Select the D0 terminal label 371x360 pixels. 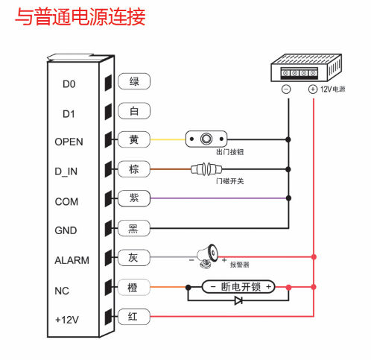pos(69,84)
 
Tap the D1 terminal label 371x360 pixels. pos(69,114)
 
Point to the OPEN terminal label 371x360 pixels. pos(69,142)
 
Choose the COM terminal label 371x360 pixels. pos(66,201)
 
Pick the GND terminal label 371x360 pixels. pos(66,230)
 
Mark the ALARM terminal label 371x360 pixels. pos(72,260)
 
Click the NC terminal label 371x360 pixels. pos(62,290)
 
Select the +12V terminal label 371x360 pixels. pos(68,319)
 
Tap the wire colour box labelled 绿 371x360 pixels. pos(134,81)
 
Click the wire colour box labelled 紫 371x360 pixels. pos(134,198)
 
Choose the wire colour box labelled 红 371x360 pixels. pos(134,317)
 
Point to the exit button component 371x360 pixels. pos(209,139)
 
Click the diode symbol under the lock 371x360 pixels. pos(238,301)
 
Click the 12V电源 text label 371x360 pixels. pos(333,89)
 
